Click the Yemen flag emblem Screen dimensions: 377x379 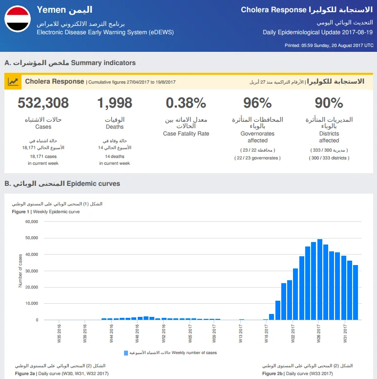(x=18, y=19)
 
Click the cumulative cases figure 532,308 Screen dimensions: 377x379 (x=43, y=103)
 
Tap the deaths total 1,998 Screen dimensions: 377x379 (x=115, y=103)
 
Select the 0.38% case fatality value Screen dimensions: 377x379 (x=186, y=103)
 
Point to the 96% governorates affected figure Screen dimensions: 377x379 (x=257, y=103)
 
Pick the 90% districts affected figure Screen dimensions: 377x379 (x=329, y=103)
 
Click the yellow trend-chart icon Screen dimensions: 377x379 (x=13, y=82)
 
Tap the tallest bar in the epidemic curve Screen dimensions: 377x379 (x=320, y=279)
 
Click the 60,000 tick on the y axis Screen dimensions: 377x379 (x=32, y=222)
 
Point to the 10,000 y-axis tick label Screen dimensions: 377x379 (x=32, y=303)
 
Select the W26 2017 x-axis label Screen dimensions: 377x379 (x=318, y=334)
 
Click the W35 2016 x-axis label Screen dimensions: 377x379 (x=59, y=334)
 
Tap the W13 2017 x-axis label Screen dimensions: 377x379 (x=240, y=334)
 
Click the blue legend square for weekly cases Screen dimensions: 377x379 (x=126, y=353)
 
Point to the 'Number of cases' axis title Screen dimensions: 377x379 (x=21, y=271)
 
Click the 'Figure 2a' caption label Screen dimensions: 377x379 (x=25, y=374)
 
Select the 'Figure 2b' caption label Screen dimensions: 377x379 (x=272, y=374)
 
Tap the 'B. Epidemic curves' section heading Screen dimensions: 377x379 (x=62, y=183)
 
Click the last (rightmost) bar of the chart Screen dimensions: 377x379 (x=356, y=292)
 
